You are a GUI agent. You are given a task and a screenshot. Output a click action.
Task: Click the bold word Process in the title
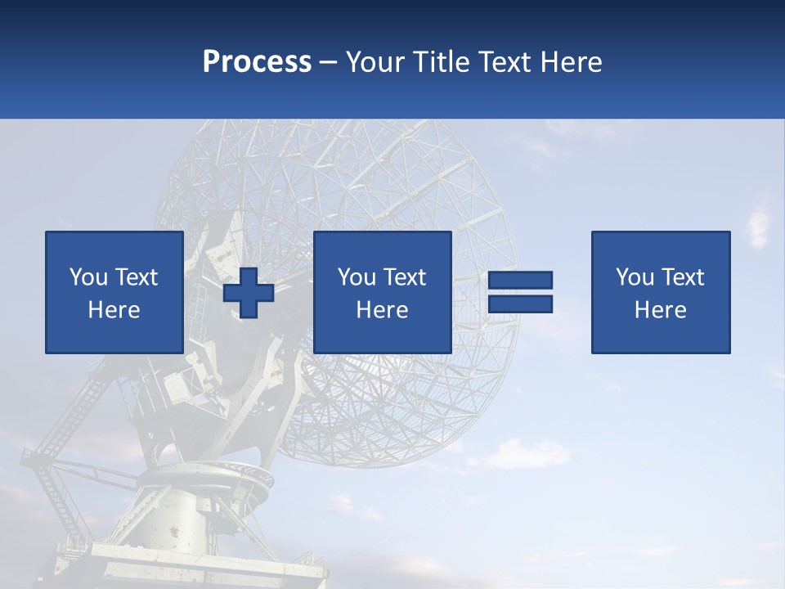coord(257,61)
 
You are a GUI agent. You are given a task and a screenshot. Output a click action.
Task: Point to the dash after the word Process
coord(328,62)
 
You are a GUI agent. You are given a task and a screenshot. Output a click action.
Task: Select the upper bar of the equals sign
coord(520,280)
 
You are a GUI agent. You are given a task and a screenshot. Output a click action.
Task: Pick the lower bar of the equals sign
coord(520,303)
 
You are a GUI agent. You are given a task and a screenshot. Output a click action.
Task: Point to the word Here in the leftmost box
coord(114,310)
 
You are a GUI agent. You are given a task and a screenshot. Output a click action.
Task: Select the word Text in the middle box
coord(404,277)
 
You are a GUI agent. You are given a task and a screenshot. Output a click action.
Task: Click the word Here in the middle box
coord(382,310)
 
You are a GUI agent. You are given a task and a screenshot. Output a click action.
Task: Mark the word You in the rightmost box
coord(635,277)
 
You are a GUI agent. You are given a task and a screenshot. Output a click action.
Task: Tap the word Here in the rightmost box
coord(660,310)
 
